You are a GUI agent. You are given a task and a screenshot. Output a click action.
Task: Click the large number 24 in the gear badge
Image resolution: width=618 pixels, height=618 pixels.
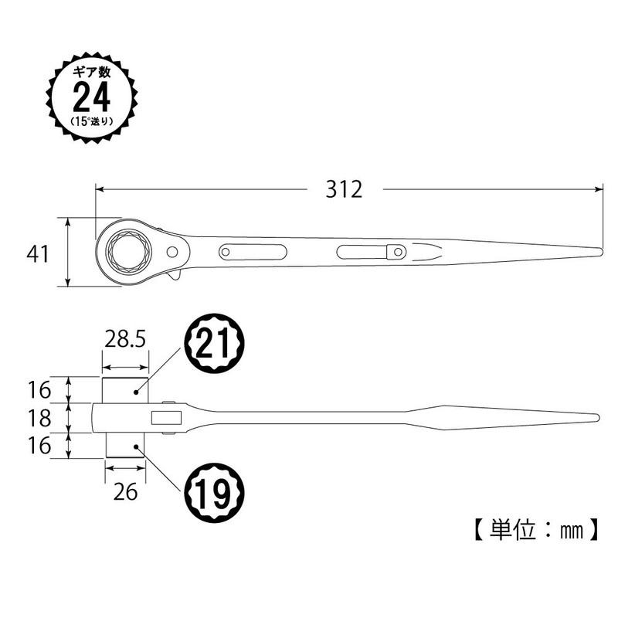tap(92, 97)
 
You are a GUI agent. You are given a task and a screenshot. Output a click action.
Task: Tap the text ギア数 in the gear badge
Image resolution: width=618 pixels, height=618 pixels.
tap(91, 72)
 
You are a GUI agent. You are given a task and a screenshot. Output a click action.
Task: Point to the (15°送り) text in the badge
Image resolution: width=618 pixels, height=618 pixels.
tap(92, 122)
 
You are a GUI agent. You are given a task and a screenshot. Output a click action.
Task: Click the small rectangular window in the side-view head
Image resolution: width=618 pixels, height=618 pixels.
tap(166, 418)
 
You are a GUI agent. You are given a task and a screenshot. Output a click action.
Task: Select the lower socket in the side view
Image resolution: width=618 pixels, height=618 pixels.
tap(125, 446)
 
